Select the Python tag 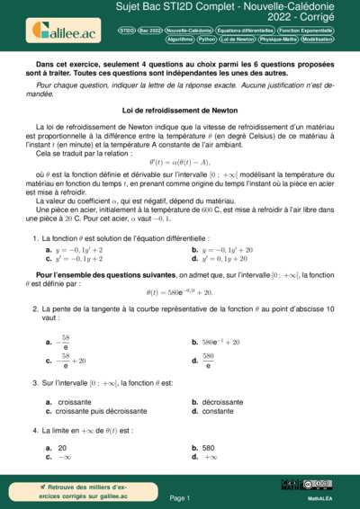(207, 40)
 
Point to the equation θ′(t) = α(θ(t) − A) (179, 165)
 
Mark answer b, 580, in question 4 (208, 447)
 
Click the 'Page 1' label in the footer (179, 497)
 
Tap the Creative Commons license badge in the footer (319, 485)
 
